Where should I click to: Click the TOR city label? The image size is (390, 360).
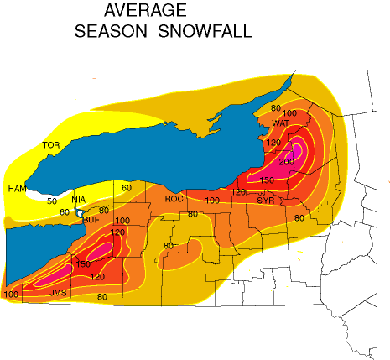51,145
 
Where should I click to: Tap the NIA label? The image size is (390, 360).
79,200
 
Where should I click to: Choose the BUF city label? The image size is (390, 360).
91,219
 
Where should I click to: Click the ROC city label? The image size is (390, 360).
174,199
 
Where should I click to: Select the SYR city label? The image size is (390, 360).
266,201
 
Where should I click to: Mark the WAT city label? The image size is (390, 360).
281,123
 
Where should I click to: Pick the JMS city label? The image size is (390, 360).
59,293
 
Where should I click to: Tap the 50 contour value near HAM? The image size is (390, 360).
52,201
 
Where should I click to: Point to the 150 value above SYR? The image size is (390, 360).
268,180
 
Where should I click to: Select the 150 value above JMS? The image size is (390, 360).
83,264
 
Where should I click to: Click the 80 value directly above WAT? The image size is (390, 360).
275,108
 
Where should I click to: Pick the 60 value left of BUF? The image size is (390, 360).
65,212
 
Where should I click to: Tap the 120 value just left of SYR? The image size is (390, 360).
238,193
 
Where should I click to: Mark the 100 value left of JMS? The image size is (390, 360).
11,294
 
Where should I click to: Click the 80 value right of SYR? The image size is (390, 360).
299,218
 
